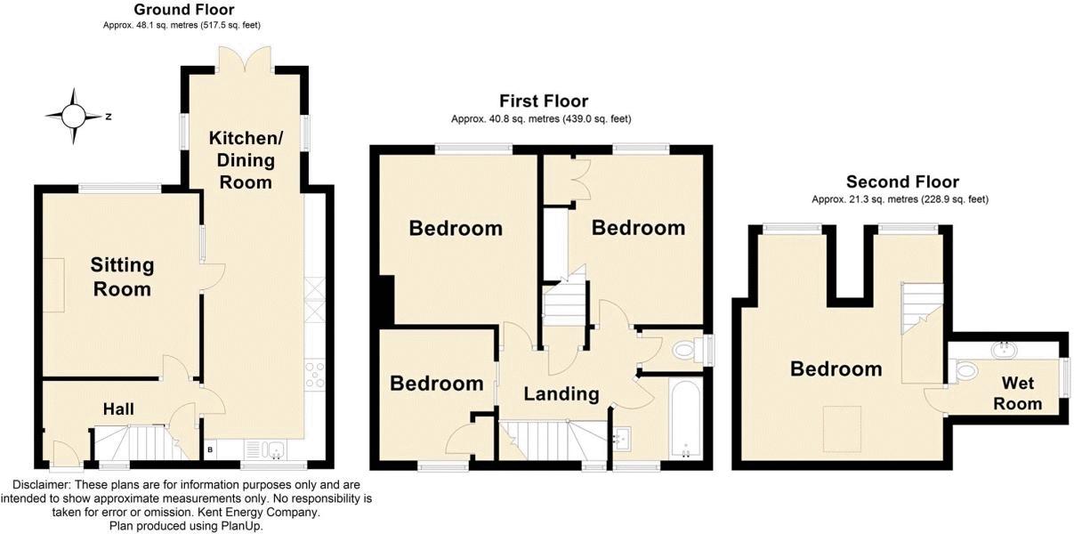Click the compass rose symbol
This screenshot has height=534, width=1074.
[x=73, y=116]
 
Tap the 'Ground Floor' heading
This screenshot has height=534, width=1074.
[x=184, y=10]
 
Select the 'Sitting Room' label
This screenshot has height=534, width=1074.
[x=122, y=277]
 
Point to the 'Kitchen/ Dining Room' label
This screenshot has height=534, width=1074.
[x=246, y=160]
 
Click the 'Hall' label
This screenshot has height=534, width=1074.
[x=118, y=409]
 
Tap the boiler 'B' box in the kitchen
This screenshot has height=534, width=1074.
[x=209, y=449]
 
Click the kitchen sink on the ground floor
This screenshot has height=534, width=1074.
[x=265, y=449]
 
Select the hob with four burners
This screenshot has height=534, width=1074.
[x=314, y=376]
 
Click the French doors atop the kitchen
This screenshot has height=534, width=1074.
[x=245, y=60]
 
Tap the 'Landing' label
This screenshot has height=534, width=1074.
[x=561, y=394]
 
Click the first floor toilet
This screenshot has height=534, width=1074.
[x=690, y=351]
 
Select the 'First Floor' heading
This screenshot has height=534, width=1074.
[x=544, y=101]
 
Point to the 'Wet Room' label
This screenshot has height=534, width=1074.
[x=1017, y=393]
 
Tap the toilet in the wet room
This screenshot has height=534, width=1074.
[x=963, y=371]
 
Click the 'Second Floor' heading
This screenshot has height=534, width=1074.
[x=902, y=182]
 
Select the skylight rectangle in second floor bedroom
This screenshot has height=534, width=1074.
[x=843, y=429]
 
